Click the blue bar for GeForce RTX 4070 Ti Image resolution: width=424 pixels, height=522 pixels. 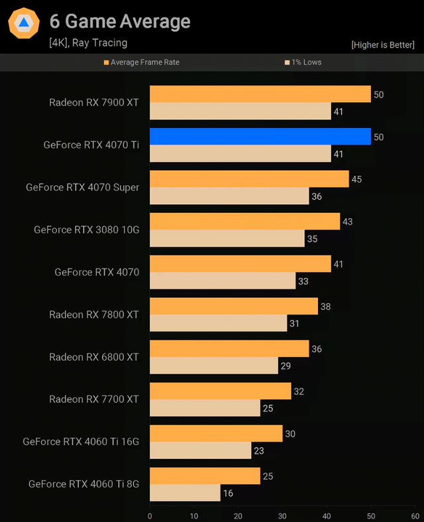click(x=260, y=137)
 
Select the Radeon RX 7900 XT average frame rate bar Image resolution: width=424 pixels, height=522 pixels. click(x=260, y=94)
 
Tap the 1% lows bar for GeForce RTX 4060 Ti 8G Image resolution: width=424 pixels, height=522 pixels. click(x=185, y=493)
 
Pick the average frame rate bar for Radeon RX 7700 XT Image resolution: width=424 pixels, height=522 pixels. click(x=220, y=391)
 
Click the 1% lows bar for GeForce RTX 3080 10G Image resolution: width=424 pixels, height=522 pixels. click(x=227, y=238)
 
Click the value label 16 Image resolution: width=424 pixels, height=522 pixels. click(x=227, y=493)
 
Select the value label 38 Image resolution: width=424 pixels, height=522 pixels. click(x=325, y=306)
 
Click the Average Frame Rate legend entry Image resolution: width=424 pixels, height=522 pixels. click(x=142, y=62)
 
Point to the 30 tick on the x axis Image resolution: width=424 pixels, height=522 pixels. click(x=282, y=515)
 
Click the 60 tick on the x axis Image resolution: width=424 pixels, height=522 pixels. click(x=415, y=515)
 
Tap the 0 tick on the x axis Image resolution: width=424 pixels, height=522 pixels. click(x=150, y=515)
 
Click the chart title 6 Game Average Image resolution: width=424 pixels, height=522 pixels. click(x=120, y=22)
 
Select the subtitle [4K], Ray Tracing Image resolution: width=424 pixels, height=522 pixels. click(x=88, y=43)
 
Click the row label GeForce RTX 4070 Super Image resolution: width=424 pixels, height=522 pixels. click(x=83, y=187)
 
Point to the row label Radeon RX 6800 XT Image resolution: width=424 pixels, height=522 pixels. click(x=94, y=357)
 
